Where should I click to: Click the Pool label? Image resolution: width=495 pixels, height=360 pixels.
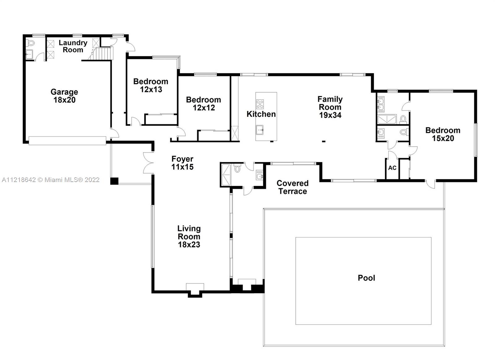[x=366, y=278]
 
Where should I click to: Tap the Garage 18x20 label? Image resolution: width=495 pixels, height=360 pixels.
[x=64, y=96]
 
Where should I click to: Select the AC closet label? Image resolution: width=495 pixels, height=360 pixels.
[x=392, y=168]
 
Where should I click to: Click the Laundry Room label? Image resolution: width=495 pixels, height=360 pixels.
[x=73, y=46]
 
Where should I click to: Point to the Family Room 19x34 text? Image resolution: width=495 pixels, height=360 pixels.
[x=330, y=107]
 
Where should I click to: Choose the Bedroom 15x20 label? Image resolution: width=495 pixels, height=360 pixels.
[x=443, y=134]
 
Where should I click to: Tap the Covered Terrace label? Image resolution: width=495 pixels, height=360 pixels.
[x=292, y=187]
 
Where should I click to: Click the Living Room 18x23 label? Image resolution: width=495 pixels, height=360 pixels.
[x=189, y=236]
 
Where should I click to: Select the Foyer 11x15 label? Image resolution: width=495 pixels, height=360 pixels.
[x=182, y=163]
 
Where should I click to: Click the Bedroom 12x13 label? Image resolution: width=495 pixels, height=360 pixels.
[x=151, y=85]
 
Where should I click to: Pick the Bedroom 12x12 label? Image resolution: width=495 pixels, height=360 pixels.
[x=203, y=104]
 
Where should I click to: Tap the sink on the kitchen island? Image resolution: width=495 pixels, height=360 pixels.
[x=260, y=130]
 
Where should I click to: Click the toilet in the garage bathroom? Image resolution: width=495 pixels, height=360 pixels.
[x=30, y=43]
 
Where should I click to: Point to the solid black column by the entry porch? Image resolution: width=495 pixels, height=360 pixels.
[x=114, y=181]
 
